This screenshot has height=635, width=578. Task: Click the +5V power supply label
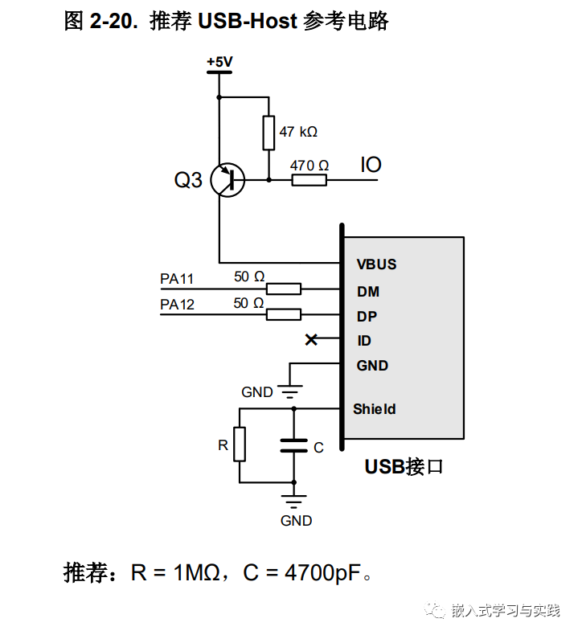(x=218, y=62)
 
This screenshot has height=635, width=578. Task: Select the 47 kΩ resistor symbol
(x=269, y=133)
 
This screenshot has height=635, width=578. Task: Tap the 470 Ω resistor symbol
(x=309, y=181)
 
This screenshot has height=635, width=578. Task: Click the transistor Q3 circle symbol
(x=228, y=181)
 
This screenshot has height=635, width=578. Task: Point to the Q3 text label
(x=188, y=181)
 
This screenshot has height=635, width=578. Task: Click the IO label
(x=371, y=166)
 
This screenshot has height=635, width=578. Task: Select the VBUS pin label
(x=376, y=264)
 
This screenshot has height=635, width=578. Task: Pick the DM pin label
(x=368, y=292)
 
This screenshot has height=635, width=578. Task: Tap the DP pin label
(x=367, y=317)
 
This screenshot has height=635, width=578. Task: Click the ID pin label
(x=364, y=341)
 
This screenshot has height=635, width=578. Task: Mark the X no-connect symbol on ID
(x=311, y=340)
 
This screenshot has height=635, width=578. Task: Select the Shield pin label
(x=375, y=409)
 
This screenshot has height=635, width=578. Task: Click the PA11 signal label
(x=177, y=280)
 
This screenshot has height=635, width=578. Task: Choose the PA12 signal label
(x=177, y=305)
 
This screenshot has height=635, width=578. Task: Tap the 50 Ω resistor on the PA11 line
(x=283, y=289)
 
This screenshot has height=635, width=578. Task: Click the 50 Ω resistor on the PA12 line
(x=283, y=314)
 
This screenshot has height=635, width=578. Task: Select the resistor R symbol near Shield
(x=240, y=444)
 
